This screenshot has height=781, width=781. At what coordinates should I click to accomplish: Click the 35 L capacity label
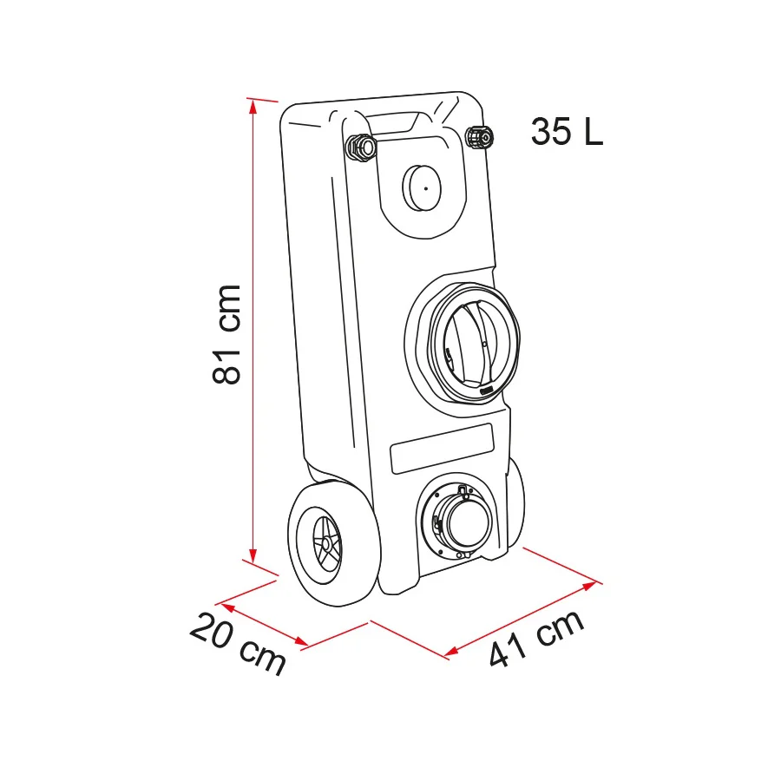point(567,132)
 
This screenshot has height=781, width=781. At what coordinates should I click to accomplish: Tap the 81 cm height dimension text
point(226,334)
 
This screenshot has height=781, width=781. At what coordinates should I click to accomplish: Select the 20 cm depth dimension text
point(238,643)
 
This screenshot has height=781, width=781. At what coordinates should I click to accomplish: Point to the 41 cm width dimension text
point(536,639)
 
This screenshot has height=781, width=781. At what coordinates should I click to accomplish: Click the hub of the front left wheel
point(326,544)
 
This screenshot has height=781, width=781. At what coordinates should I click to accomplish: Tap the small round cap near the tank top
point(422,187)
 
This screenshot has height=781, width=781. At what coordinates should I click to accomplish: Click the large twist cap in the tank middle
point(473,344)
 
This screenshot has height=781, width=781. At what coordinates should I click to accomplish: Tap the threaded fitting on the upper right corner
point(479,137)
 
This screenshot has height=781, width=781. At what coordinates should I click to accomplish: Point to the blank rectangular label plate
point(442,449)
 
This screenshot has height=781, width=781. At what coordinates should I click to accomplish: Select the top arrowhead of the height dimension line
point(253,106)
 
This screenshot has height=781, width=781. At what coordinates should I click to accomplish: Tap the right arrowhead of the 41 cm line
point(590,586)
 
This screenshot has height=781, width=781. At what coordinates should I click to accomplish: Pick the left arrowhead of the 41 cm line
point(451,651)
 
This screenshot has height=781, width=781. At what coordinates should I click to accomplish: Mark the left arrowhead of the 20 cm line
point(228,607)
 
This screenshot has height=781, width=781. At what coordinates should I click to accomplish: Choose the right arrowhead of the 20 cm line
point(301,641)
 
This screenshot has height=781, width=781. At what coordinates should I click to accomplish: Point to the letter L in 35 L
point(594,132)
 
